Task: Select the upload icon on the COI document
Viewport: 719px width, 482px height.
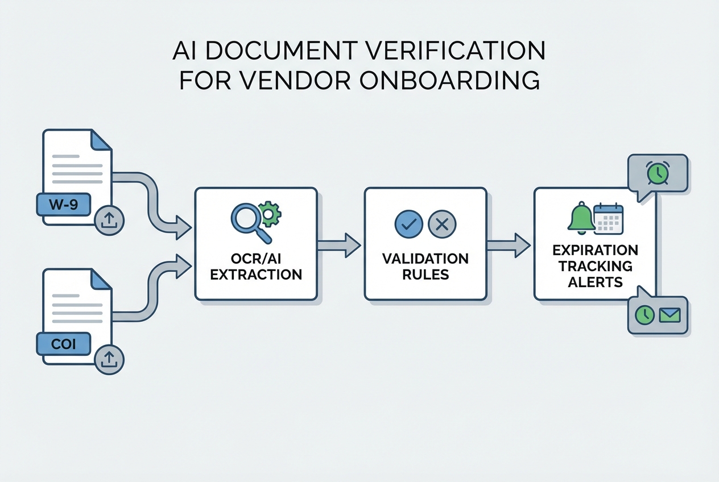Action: coord(109,359)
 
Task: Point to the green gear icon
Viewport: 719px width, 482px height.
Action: coord(270,212)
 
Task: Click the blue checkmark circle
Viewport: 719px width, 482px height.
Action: coord(408,224)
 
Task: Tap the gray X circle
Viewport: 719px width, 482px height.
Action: coord(441,224)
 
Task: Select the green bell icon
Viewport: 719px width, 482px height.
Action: coord(581,218)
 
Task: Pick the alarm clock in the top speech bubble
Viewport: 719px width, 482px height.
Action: coord(657,174)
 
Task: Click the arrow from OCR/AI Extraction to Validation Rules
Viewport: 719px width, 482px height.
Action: coord(339,245)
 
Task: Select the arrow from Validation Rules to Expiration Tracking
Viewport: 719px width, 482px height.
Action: coord(509,245)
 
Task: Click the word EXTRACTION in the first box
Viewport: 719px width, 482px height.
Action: coord(256,275)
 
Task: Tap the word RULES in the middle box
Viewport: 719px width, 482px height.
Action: coord(425,275)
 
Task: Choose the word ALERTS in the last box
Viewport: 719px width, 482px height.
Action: coord(595,282)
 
